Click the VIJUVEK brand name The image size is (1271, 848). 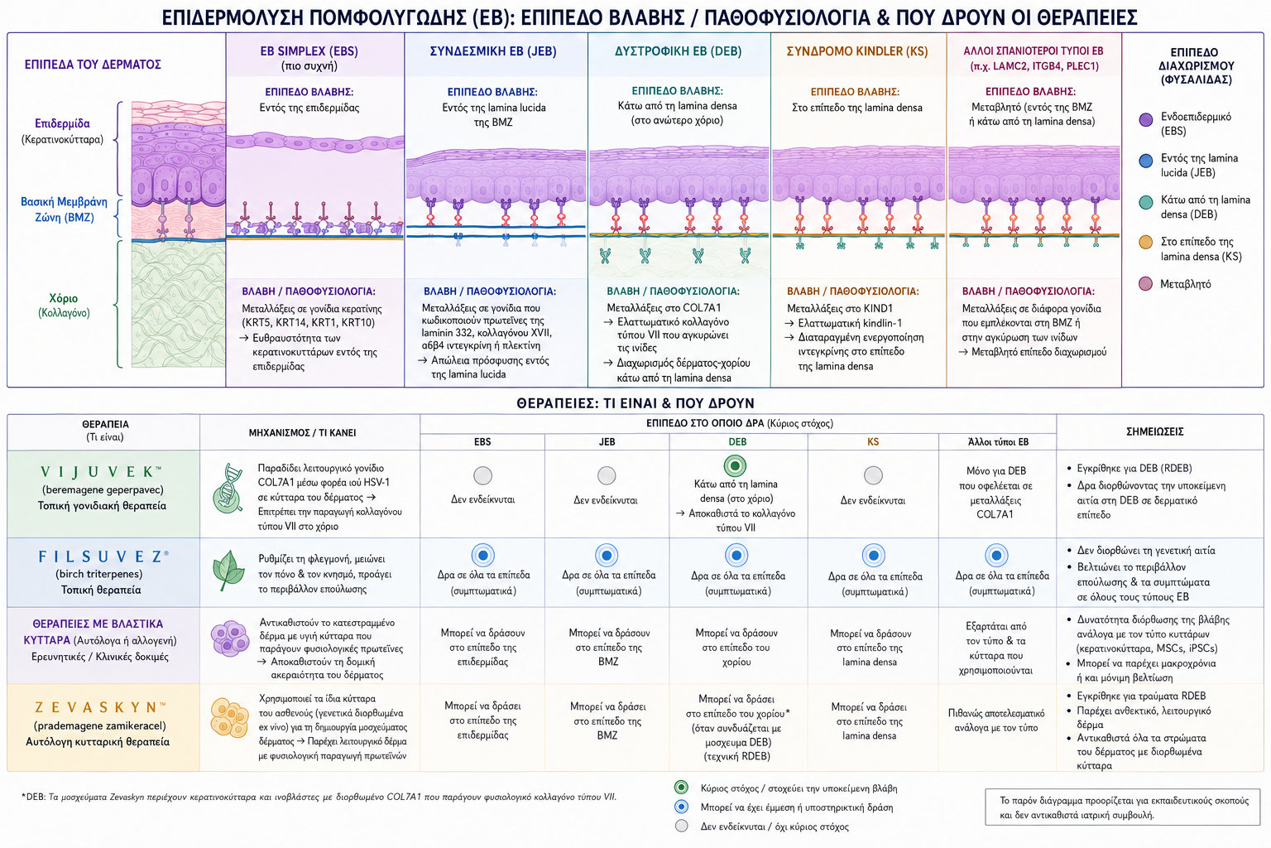tap(101, 471)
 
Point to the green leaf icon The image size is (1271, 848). tap(228, 571)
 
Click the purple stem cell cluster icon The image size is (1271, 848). tap(230, 638)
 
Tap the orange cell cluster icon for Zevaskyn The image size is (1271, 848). tap(230, 718)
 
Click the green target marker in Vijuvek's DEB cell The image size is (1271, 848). tap(736, 466)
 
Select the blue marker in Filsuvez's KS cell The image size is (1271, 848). tap(873, 556)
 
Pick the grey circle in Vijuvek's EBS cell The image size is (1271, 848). tap(483, 475)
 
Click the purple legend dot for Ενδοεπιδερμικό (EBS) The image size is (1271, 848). tap(1146, 120)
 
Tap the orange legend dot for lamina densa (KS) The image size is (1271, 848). tap(1146, 242)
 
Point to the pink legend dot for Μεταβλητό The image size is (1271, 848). tap(1146, 283)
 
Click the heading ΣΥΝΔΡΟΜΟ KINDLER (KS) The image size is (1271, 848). tap(856, 51)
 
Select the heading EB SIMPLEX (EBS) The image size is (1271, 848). tap(309, 51)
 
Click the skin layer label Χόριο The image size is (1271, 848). tap(64, 298)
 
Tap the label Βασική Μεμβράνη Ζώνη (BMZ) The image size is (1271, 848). tap(64, 210)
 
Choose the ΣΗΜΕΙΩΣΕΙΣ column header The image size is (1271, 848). tap(1154, 431)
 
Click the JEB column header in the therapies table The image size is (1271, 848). tap(607, 442)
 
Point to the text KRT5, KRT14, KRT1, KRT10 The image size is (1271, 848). tap(308, 323)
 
